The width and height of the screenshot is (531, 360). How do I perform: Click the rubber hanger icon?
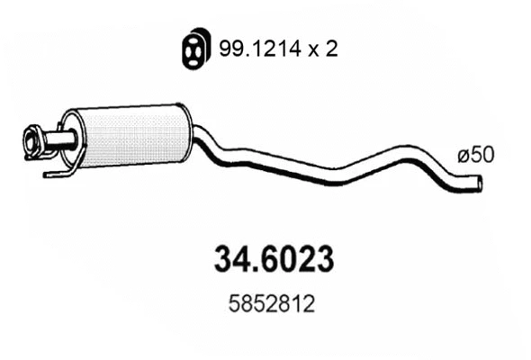click(x=190, y=48)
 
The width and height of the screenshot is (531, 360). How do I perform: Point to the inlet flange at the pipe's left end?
click(x=33, y=143)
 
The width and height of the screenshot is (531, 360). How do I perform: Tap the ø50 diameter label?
click(x=474, y=155)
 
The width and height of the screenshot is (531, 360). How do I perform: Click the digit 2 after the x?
click(x=330, y=49)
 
